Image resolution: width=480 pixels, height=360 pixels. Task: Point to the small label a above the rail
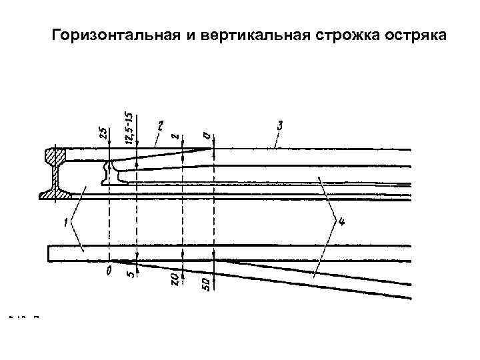click(x=209, y=137)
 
